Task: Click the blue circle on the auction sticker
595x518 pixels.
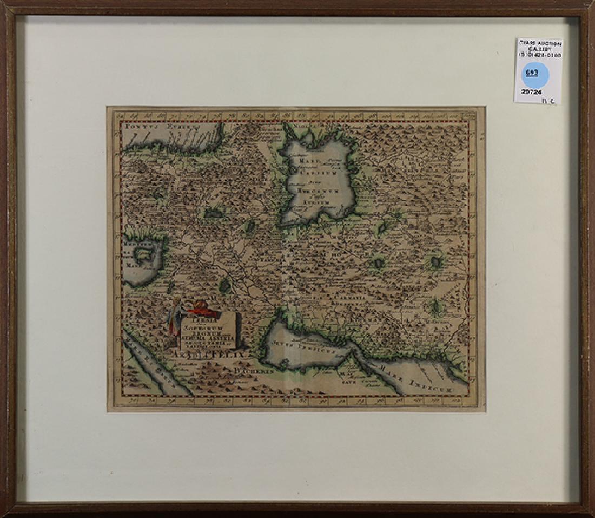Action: coord(535,74)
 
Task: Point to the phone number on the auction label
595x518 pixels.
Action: coord(540,55)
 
